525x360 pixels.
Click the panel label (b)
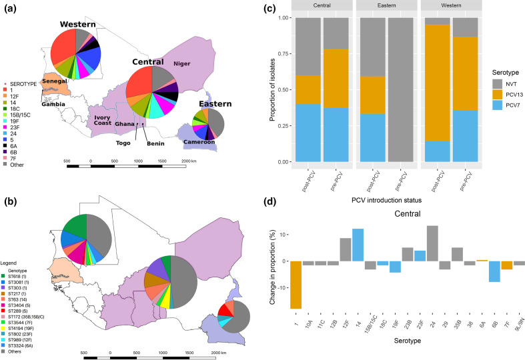(11, 183)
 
